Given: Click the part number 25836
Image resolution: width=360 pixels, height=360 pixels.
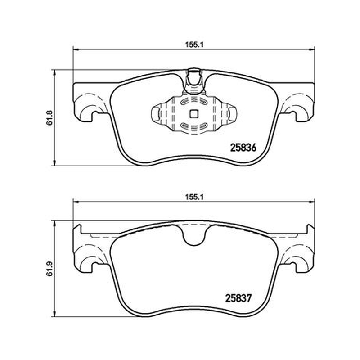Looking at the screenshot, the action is pos(243,148).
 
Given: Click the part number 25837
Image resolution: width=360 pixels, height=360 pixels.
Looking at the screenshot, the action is pos(239,298).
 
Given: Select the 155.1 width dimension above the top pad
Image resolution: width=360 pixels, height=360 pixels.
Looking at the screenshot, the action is pos(194,45).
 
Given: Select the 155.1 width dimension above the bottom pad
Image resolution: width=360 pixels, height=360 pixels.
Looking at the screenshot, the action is pos(194,197).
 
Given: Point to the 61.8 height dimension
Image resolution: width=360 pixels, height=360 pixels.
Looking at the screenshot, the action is pos(49,118).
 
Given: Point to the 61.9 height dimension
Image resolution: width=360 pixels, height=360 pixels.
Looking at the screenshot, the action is pos(49,268).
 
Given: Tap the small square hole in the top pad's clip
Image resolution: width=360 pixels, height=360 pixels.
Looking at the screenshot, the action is pos(194,113).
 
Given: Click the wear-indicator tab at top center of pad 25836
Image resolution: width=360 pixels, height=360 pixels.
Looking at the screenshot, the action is pos(194,81).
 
